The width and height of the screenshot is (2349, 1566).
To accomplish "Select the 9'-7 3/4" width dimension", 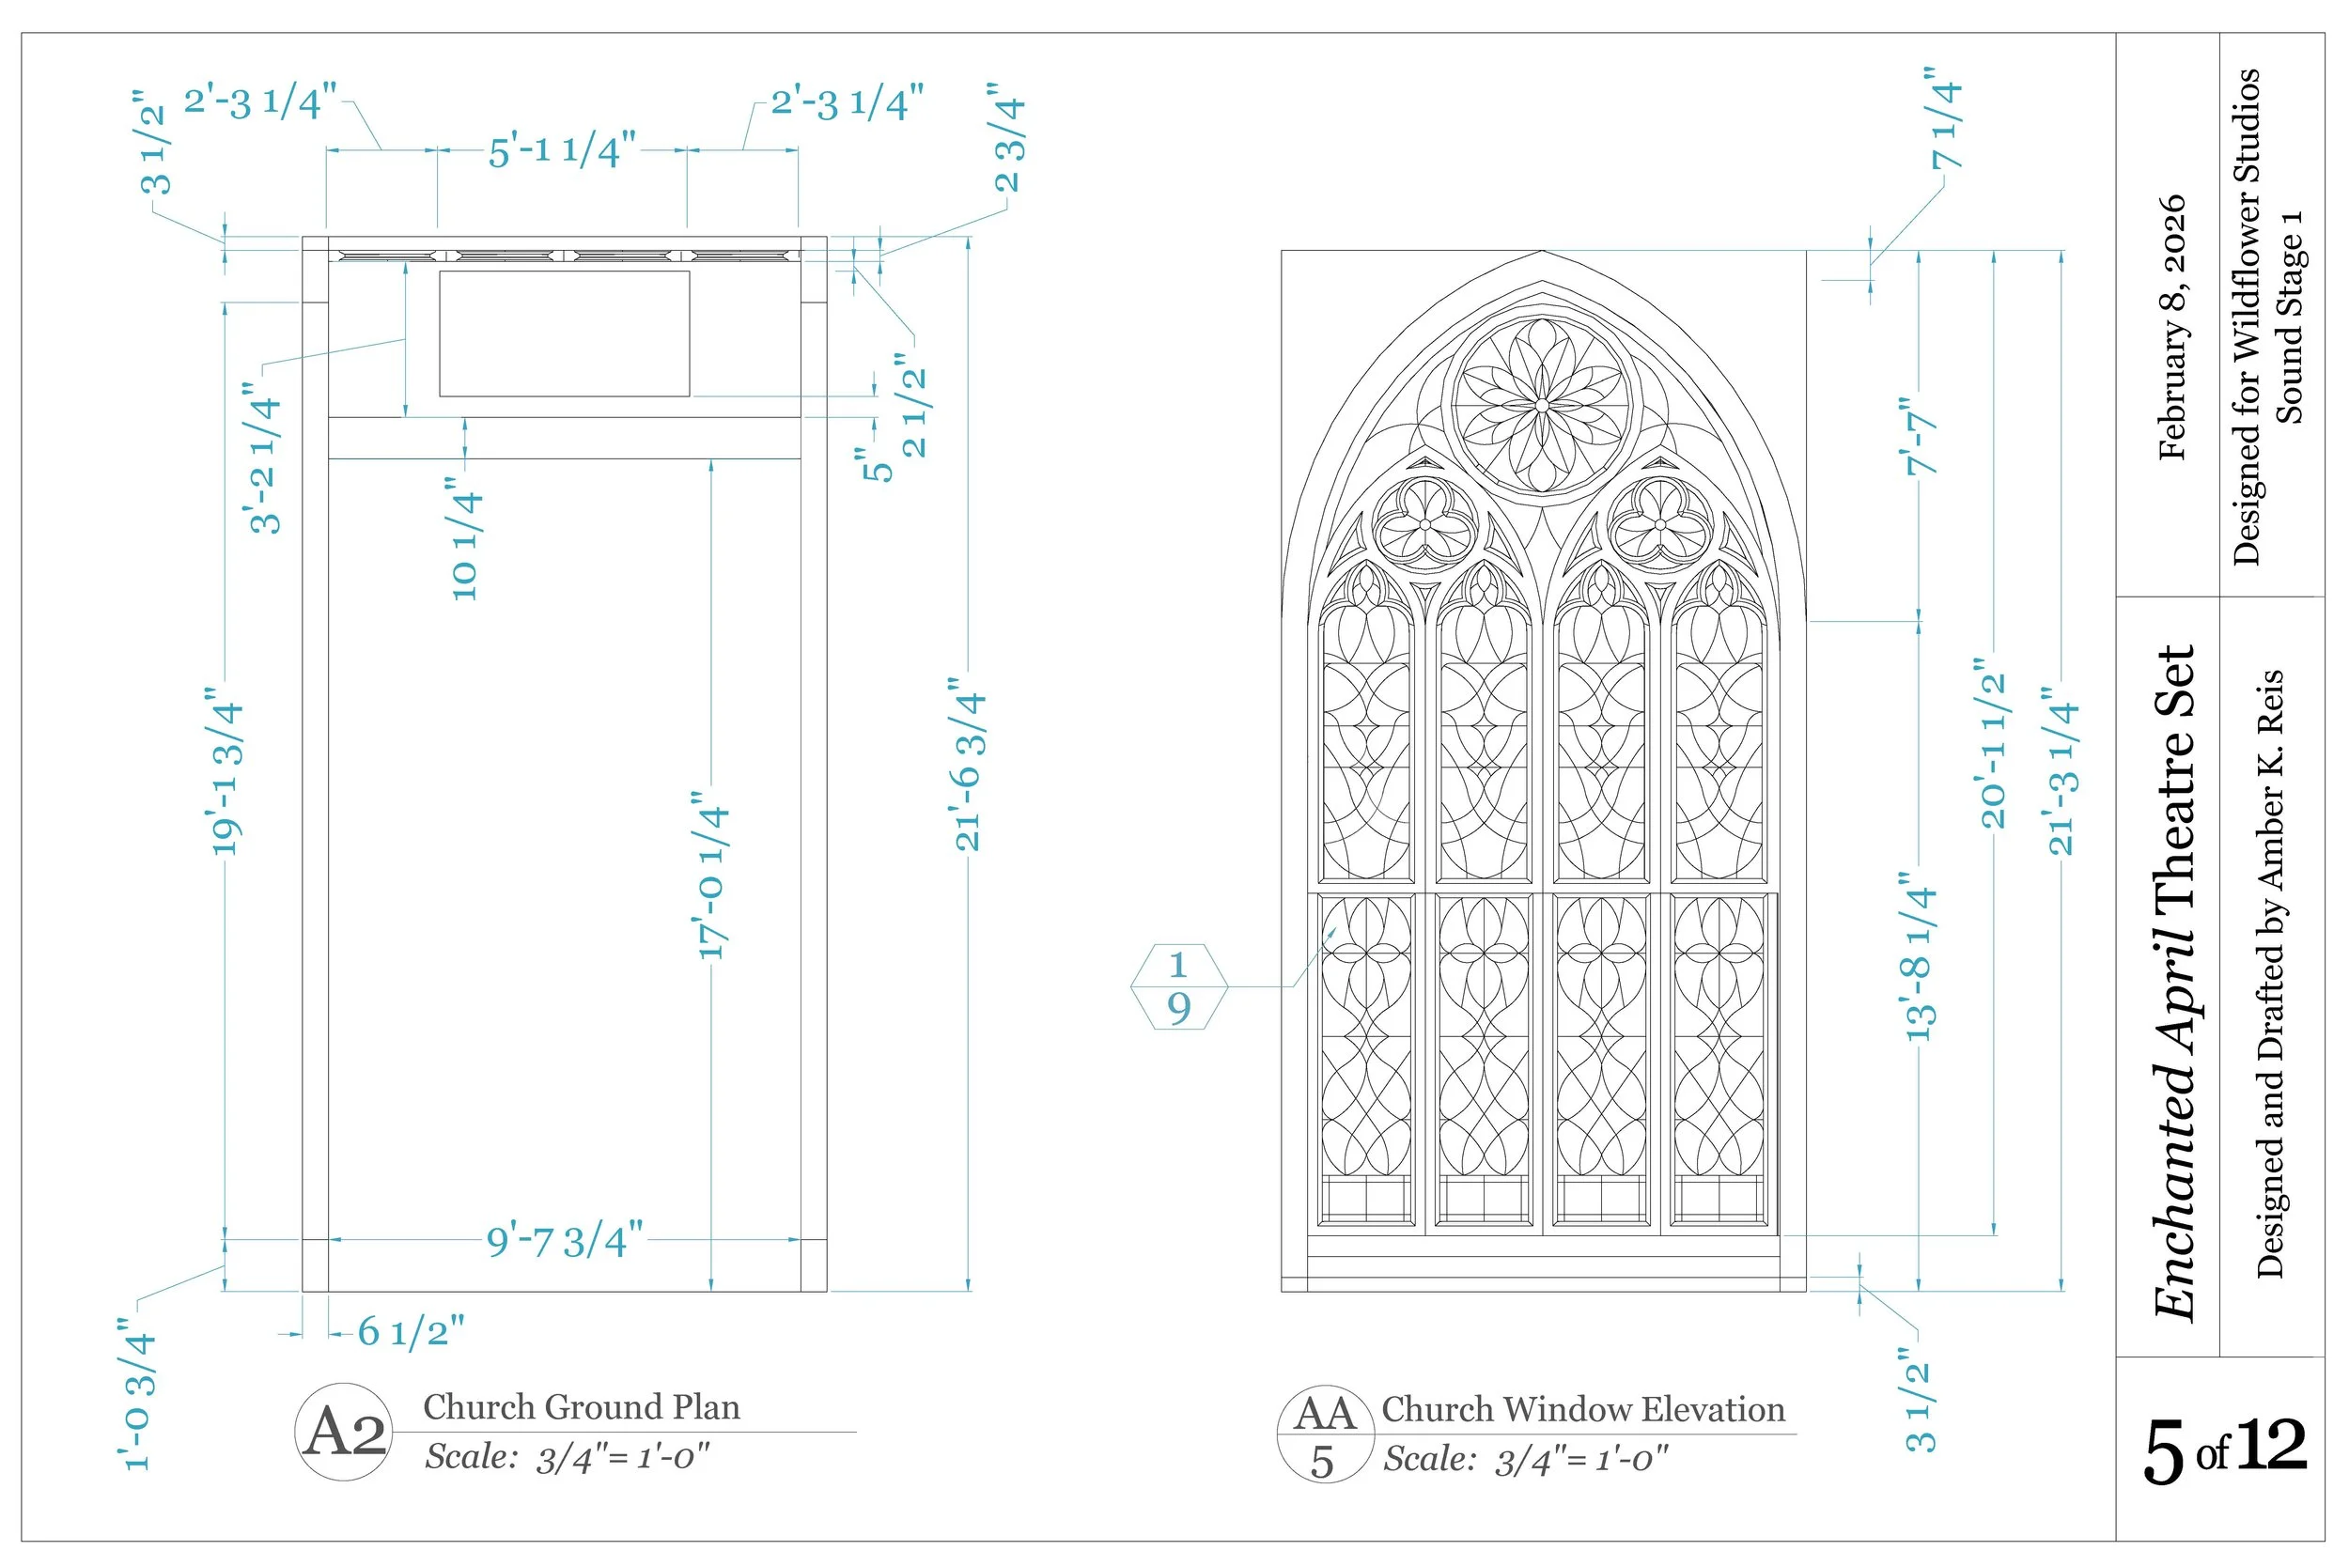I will pyautogui.click(x=565, y=1241).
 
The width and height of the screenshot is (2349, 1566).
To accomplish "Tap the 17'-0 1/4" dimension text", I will pyautogui.click(x=712, y=876).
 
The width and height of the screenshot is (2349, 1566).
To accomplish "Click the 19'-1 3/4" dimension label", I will pyautogui.click(x=226, y=770).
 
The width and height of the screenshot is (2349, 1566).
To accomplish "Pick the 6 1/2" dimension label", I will pyautogui.click(x=411, y=1331).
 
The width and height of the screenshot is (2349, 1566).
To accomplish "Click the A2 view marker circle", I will pyautogui.click(x=344, y=1433).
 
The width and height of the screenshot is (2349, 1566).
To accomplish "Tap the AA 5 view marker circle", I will pyautogui.click(x=1324, y=1434).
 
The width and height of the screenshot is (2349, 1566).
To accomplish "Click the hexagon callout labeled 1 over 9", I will pyautogui.click(x=1178, y=986).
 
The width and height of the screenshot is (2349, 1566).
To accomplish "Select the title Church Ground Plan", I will pyautogui.click(x=582, y=1407).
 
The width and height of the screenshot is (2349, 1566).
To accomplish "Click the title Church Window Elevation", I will pyautogui.click(x=1583, y=1409).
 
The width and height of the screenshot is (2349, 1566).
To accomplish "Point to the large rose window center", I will pyautogui.click(x=1542, y=406).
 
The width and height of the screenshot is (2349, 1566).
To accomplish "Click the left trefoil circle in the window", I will pyautogui.click(x=1425, y=524).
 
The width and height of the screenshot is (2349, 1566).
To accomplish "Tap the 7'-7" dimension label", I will pyautogui.click(x=1920, y=436).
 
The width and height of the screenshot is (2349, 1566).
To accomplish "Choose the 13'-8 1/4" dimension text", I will pyautogui.click(x=1920, y=956).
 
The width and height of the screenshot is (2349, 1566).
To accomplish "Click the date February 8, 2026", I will pyautogui.click(x=2172, y=328).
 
